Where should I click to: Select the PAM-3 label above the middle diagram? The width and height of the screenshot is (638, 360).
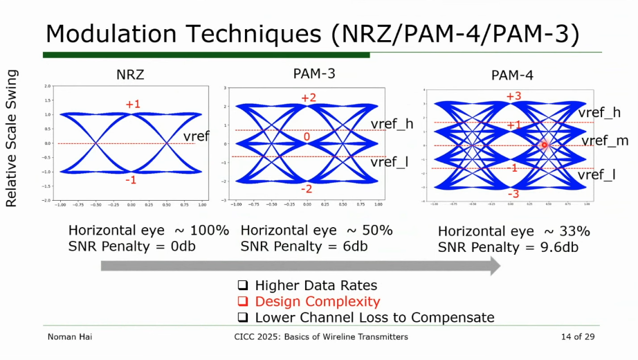(x=316, y=72)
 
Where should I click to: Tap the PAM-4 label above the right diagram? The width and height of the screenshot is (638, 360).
(x=513, y=75)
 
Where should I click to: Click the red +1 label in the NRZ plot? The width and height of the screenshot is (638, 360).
(x=133, y=104)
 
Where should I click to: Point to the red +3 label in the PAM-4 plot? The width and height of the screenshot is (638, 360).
(x=513, y=96)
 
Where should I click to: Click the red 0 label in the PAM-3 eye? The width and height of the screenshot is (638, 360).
(x=307, y=137)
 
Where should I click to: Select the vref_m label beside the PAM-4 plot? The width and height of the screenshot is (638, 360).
(x=605, y=141)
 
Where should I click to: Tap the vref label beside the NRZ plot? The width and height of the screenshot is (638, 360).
(x=197, y=136)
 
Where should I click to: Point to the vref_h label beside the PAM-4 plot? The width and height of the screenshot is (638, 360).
(x=599, y=112)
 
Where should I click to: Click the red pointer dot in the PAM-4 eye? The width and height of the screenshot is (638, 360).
(x=544, y=145)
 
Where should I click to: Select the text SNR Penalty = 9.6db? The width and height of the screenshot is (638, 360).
(x=508, y=247)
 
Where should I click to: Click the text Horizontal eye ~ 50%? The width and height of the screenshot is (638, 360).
(x=316, y=231)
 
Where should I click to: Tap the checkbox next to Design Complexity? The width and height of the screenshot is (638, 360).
(x=243, y=302)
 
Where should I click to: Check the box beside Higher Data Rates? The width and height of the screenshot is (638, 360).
(x=243, y=286)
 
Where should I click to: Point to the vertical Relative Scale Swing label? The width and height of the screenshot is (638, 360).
(x=11, y=138)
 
